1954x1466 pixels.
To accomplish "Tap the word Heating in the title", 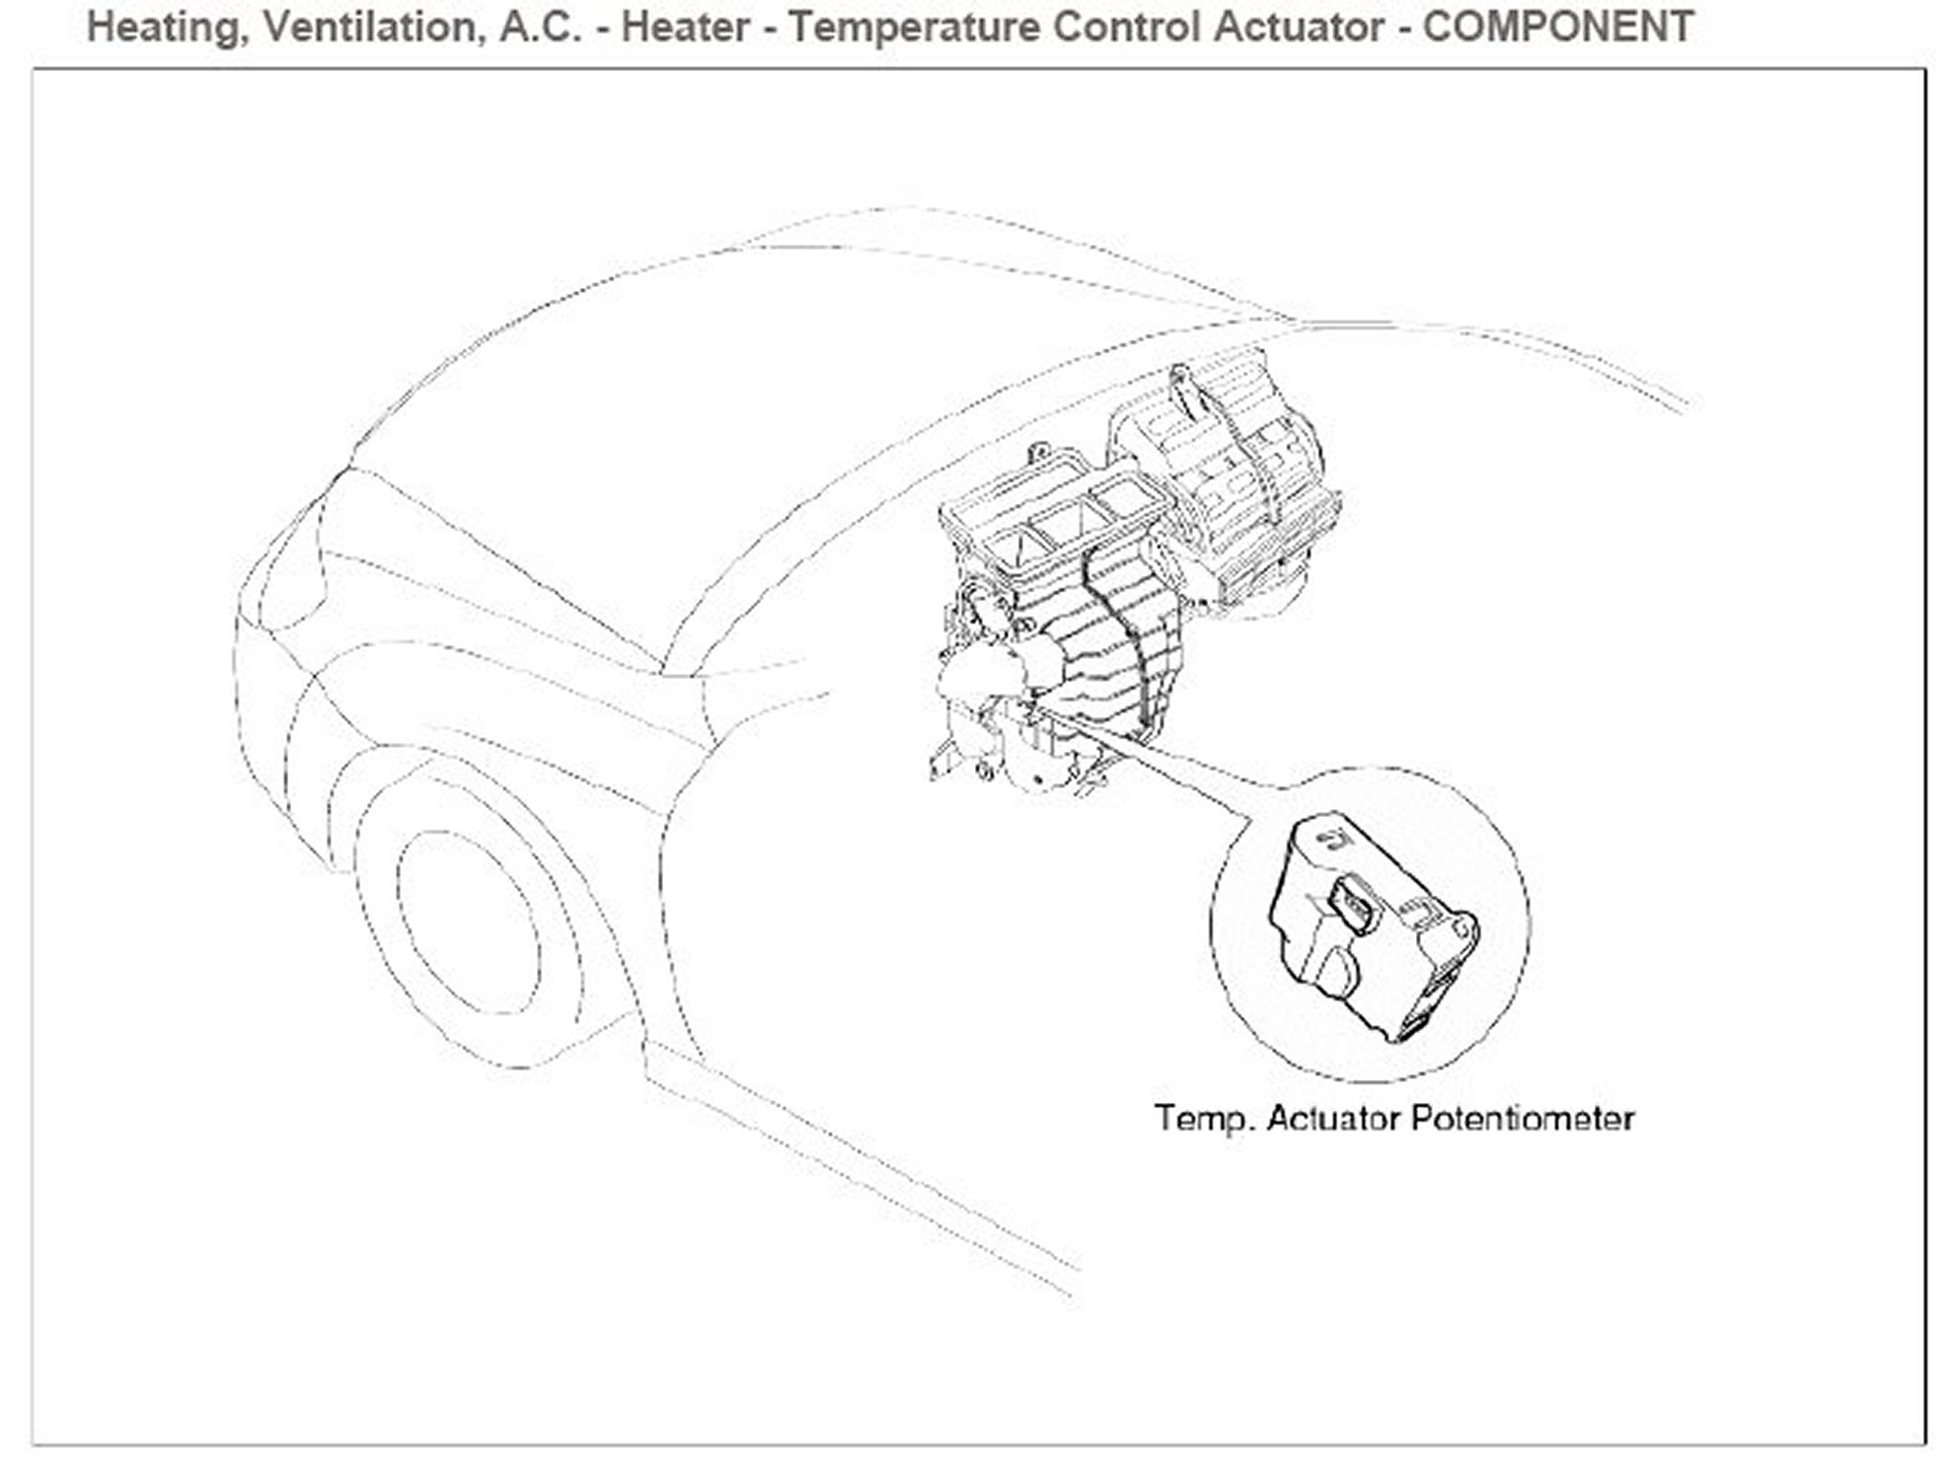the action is pyautogui.click(x=163, y=27).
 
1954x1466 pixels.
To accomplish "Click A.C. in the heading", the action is pyautogui.click(x=540, y=27).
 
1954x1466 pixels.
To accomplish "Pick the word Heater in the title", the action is pyautogui.click(x=685, y=27).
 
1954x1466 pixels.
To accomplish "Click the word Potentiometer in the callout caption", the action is pyautogui.click(x=1522, y=1119).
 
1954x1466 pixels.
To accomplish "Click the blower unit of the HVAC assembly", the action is pyautogui.click(x=1224, y=474).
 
